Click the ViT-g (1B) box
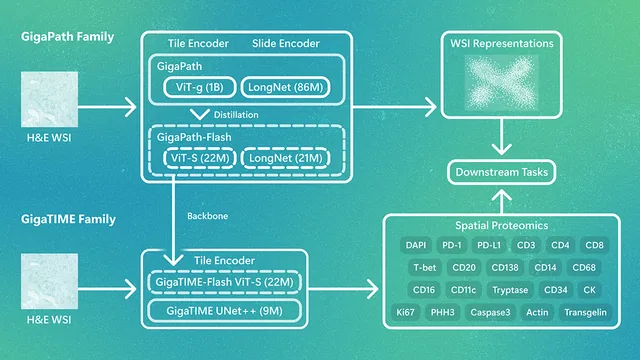pyautogui.click(x=200, y=87)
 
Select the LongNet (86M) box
pyautogui.click(x=285, y=87)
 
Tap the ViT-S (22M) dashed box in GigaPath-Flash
pyautogui.click(x=200, y=158)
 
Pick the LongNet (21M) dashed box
pyautogui.click(x=285, y=158)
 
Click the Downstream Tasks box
pyautogui.click(x=502, y=172)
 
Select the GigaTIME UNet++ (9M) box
pyautogui.click(x=224, y=311)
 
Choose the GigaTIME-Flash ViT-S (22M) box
pyautogui.click(x=224, y=282)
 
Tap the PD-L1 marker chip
pyautogui.click(x=489, y=245)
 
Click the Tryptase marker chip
pyautogui.click(x=510, y=290)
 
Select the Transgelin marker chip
pyautogui.click(x=585, y=312)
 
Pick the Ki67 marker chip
pyautogui.click(x=405, y=312)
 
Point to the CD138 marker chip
pyautogui.click(x=505, y=267)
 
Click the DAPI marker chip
pyautogui.click(x=416, y=245)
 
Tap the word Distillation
pyautogui.click(x=236, y=115)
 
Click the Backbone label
pyautogui.click(x=207, y=216)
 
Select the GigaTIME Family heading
pyautogui.click(x=68, y=219)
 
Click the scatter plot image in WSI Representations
pyautogui.click(x=502, y=83)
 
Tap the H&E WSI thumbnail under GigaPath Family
pyautogui.click(x=49, y=99)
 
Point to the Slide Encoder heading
pyautogui.click(x=286, y=43)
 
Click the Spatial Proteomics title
pyautogui.click(x=502, y=225)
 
